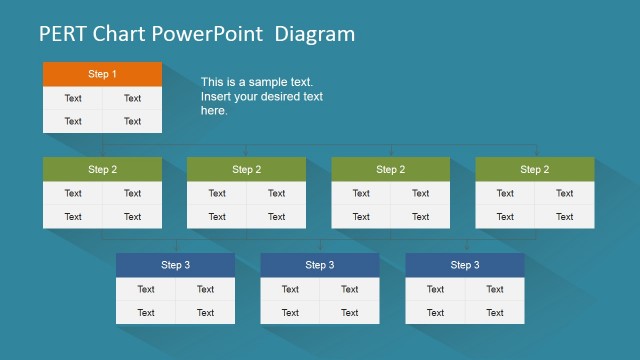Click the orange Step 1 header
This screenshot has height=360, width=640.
102,74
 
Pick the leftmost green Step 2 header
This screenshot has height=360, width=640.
102,169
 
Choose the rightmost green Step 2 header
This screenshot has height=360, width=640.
534,169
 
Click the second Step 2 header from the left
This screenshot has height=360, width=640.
246,169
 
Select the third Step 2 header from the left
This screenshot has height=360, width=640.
390,169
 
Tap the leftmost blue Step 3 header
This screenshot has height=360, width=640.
175,265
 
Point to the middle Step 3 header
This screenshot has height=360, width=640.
319,265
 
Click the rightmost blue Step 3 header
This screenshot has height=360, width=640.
464,265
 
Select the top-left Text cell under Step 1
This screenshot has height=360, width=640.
73,98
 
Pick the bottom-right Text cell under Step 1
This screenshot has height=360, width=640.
132,121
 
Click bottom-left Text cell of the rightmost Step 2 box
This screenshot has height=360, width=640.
505,216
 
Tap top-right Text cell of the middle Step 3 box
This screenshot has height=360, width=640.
349,289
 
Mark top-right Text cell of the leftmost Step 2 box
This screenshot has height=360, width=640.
132,193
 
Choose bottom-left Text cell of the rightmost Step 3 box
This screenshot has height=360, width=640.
435,312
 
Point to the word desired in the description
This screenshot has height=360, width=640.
276,97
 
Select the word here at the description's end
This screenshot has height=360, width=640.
214,111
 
